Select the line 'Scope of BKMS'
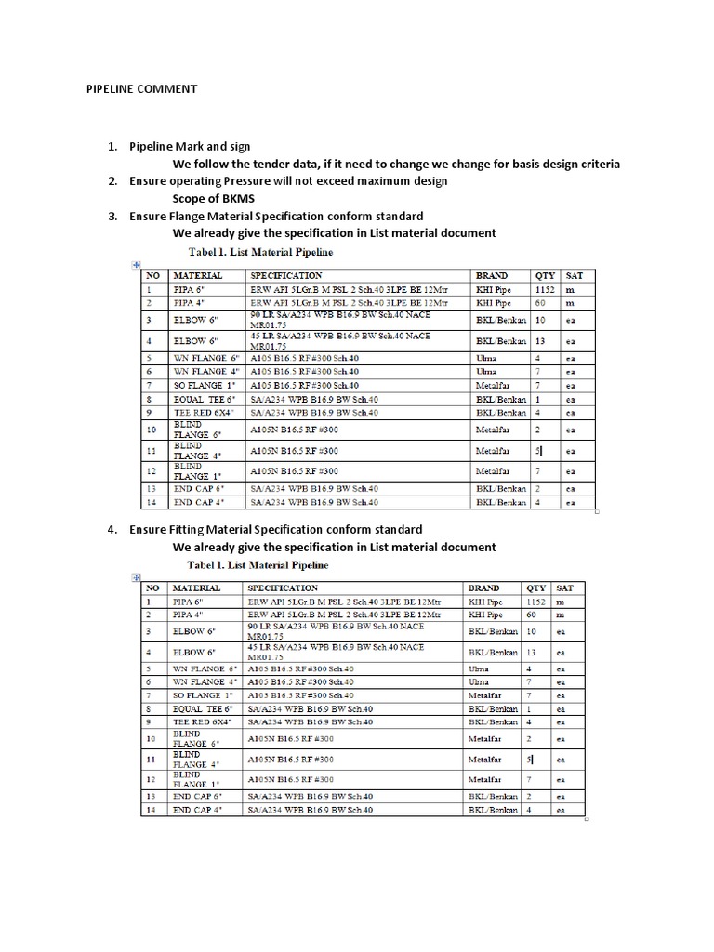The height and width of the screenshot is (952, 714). point(213,198)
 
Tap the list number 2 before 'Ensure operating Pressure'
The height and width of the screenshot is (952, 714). point(112,180)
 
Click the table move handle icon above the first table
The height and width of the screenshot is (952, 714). point(135,266)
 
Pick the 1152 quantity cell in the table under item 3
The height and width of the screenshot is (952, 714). point(546,290)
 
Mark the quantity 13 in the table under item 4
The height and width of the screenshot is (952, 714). point(533,652)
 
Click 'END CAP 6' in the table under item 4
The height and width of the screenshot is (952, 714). point(196,797)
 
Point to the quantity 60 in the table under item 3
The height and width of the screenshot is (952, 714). point(540,303)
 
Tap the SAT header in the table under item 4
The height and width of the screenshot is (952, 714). point(564,588)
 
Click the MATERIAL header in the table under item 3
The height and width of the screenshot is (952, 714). point(198,276)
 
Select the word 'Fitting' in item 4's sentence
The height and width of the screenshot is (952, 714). point(191,529)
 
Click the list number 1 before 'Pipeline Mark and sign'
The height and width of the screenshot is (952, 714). point(112,147)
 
